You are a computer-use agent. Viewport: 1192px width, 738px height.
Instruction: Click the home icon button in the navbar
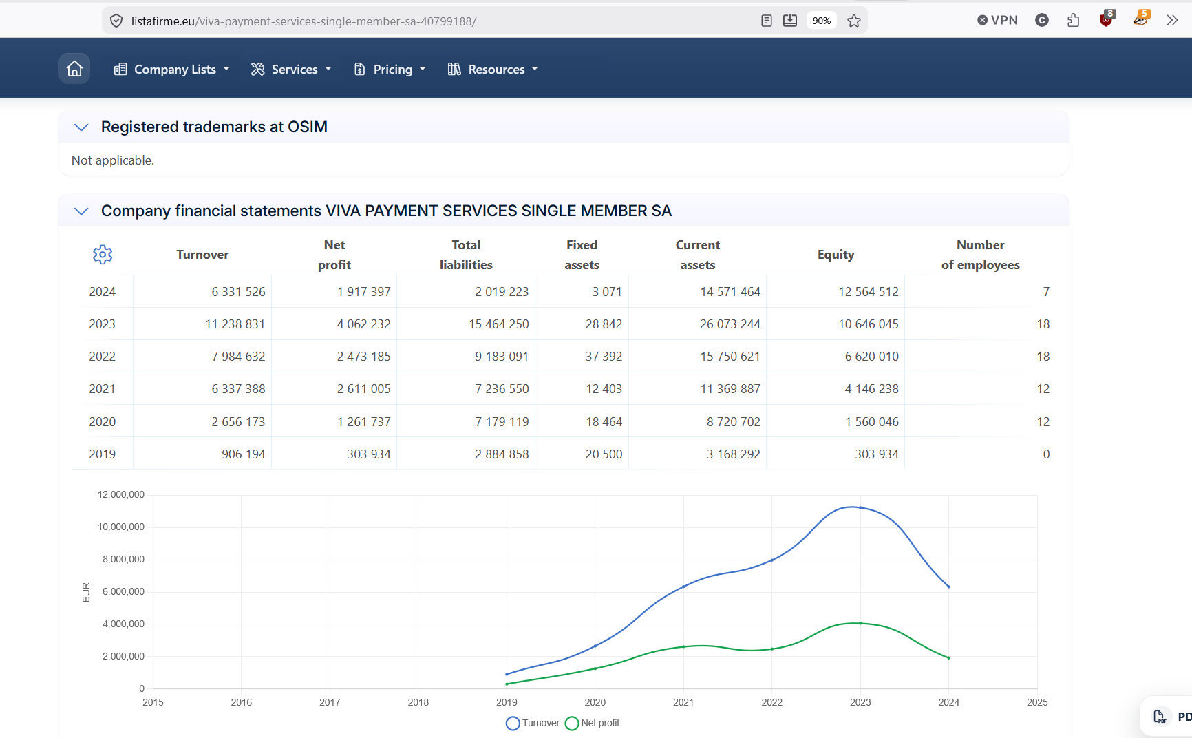coord(74,69)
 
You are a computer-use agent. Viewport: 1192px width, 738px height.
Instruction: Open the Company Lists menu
coord(172,69)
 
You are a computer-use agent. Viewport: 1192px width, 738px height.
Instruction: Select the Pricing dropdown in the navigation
coord(390,69)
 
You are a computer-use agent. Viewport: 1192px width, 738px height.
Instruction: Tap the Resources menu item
coord(493,69)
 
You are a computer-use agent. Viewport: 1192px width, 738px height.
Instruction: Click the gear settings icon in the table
coord(103,255)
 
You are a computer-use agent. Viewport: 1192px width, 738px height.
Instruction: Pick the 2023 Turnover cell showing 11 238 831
coord(235,324)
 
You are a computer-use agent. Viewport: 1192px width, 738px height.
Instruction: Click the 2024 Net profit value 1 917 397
coord(363,292)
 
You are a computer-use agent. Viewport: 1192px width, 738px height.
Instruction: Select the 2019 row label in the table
coord(102,454)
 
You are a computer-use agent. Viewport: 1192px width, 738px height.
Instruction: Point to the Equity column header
coord(836,255)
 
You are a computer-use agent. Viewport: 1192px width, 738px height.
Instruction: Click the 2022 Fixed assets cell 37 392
coord(604,357)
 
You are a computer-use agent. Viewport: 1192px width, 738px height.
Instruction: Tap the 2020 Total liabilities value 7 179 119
coord(502,422)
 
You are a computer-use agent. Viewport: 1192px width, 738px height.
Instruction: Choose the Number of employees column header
coord(980,255)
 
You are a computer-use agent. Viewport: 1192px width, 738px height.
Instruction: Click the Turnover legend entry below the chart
coord(533,723)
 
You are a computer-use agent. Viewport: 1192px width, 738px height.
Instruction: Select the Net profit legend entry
coord(592,723)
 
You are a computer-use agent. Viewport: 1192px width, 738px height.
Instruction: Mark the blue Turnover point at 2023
coord(860,508)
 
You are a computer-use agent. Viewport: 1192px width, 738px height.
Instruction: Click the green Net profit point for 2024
coord(949,658)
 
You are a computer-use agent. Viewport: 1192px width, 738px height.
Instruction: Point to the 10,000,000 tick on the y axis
coord(121,527)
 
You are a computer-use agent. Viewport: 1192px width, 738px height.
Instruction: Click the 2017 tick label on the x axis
coord(330,702)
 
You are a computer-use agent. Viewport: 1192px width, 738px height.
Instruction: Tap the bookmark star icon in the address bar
coord(854,21)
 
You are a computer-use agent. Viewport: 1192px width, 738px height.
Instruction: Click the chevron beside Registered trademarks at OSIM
coord(81,127)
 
